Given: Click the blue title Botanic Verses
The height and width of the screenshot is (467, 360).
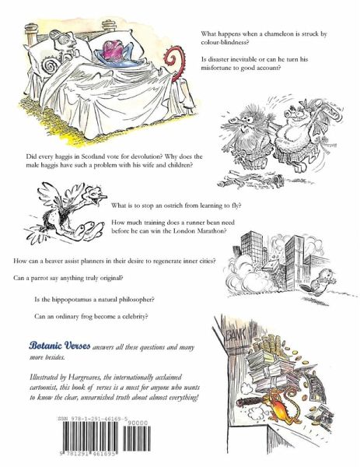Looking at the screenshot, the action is [x=60, y=346].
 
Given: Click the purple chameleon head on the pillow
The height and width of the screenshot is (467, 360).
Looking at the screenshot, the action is [x=114, y=50].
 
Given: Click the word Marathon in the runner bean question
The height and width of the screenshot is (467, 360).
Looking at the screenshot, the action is [x=210, y=231].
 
